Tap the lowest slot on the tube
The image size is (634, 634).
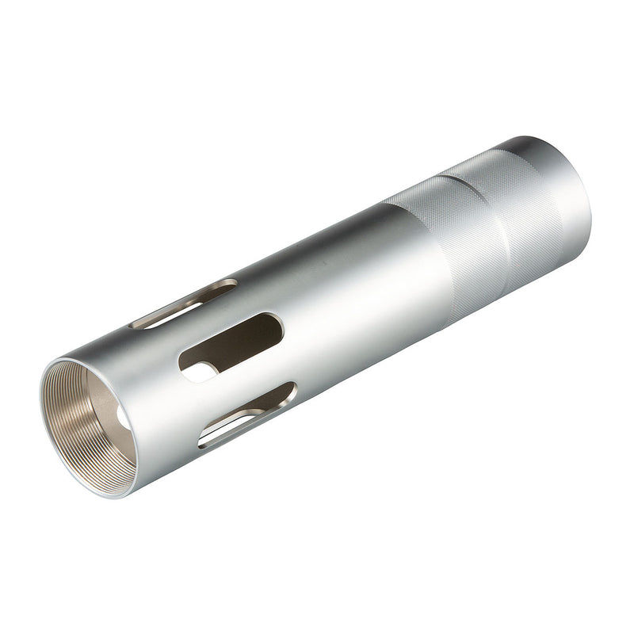pos(247,414)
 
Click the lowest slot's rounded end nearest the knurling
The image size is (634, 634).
pos(288,391)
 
